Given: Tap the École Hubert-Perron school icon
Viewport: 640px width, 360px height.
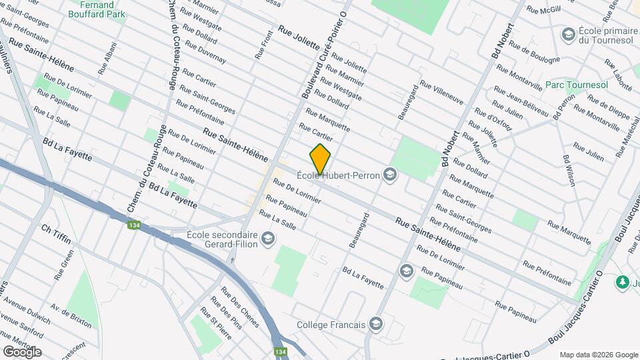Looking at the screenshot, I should pos(390,176).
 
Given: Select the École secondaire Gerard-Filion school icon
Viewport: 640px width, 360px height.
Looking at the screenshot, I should pos(267,239).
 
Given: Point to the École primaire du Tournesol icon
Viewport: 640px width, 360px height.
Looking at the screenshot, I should pos(569,34).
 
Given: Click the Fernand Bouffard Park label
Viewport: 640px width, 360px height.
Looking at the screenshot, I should pos(98,9).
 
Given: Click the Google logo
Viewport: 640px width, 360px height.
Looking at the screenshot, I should pos(22,351).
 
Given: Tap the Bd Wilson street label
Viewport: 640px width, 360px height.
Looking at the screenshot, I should pos(569,170).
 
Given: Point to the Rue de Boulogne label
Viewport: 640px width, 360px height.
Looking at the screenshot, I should pos(534,53).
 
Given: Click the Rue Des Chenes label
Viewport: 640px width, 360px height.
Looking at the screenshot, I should pos(239,302).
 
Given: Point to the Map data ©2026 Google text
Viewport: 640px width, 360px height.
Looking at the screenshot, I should pos(598,355).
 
